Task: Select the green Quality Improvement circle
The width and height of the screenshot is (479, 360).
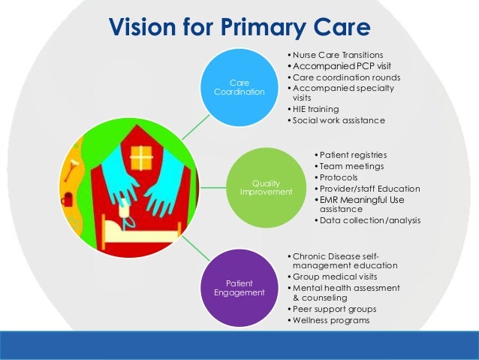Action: (x=261, y=186)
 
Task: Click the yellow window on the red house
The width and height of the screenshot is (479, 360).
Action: (x=140, y=157)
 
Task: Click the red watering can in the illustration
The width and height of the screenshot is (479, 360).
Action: (x=68, y=200)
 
